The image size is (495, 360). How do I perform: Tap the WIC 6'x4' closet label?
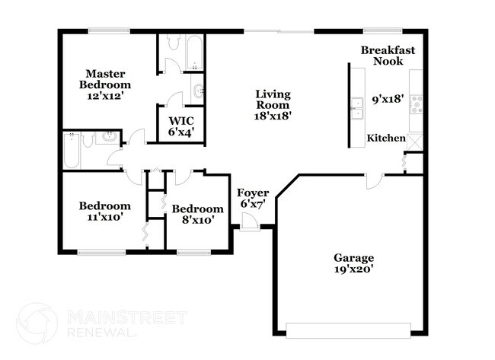[x=180, y=126]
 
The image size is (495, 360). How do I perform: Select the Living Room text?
[x=273, y=105]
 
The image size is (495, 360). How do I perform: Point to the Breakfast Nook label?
[x=388, y=56]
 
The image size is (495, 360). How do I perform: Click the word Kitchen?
[x=386, y=138]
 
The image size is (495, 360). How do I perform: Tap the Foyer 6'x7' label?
[x=252, y=199]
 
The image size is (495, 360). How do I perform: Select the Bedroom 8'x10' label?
[x=197, y=214]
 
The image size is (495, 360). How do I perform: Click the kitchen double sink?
[x=356, y=109]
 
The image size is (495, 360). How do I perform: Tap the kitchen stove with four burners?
[x=417, y=104]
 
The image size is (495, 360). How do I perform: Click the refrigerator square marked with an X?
[x=415, y=141]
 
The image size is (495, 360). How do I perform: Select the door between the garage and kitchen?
[x=373, y=182]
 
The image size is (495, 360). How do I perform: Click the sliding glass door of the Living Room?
[x=279, y=31]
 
